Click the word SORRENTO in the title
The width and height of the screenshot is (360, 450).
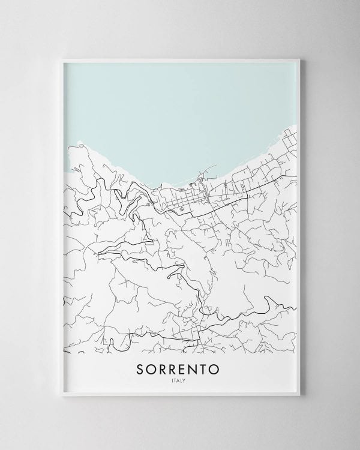point(179,368)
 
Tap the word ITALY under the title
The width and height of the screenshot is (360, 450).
point(180,380)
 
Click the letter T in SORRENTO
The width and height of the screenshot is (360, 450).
point(206,368)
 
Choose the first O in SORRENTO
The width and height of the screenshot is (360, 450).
point(153,368)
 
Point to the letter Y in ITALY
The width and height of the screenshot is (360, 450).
point(187,380)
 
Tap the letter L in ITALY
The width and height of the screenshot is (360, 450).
point(183,380)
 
